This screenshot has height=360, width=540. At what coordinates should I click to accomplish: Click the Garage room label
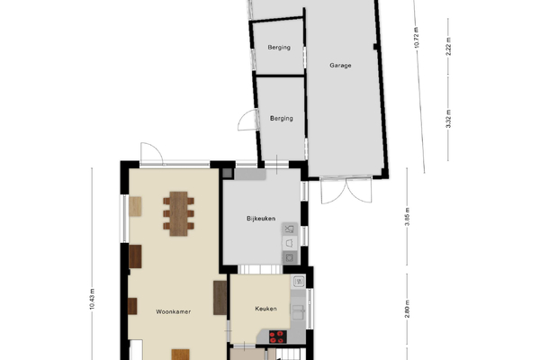340,66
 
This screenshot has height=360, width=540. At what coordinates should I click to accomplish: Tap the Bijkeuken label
261,219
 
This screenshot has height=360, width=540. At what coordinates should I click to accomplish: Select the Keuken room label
265,309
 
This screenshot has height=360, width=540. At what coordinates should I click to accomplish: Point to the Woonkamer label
173,311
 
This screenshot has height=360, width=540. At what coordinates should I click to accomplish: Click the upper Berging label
279,48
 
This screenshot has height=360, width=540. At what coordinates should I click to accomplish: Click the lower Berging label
282,119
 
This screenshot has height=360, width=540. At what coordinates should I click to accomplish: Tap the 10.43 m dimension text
92,299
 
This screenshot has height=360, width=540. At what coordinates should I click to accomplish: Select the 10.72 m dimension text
417,38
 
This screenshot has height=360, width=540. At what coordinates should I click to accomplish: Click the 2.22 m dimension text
448,47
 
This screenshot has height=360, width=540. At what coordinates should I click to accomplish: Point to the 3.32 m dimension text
448,119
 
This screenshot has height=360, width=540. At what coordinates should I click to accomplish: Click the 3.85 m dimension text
407,217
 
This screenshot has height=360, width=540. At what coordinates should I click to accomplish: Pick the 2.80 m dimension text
407,309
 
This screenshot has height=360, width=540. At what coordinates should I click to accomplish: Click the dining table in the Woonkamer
178,213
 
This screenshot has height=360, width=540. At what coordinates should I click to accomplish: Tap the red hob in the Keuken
277,337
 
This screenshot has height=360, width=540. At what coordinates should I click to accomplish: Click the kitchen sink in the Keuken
298,311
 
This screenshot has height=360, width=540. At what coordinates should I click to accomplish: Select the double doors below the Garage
346,190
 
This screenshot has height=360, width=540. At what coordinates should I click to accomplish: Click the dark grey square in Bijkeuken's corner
228,174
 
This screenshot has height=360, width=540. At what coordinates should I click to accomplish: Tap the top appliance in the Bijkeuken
290,229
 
